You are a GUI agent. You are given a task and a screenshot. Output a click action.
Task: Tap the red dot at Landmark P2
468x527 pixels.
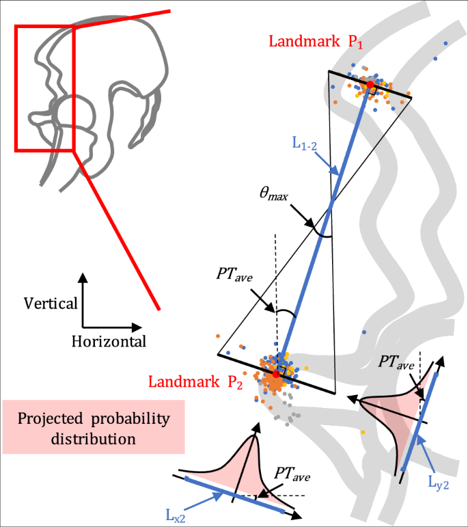(276, 374)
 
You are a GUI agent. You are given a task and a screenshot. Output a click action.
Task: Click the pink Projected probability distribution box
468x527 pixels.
(94, 428)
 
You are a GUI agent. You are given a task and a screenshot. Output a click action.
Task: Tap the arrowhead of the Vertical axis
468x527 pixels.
(83, 277)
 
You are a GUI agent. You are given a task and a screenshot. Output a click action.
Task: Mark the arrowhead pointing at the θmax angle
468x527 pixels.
(312, 225)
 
